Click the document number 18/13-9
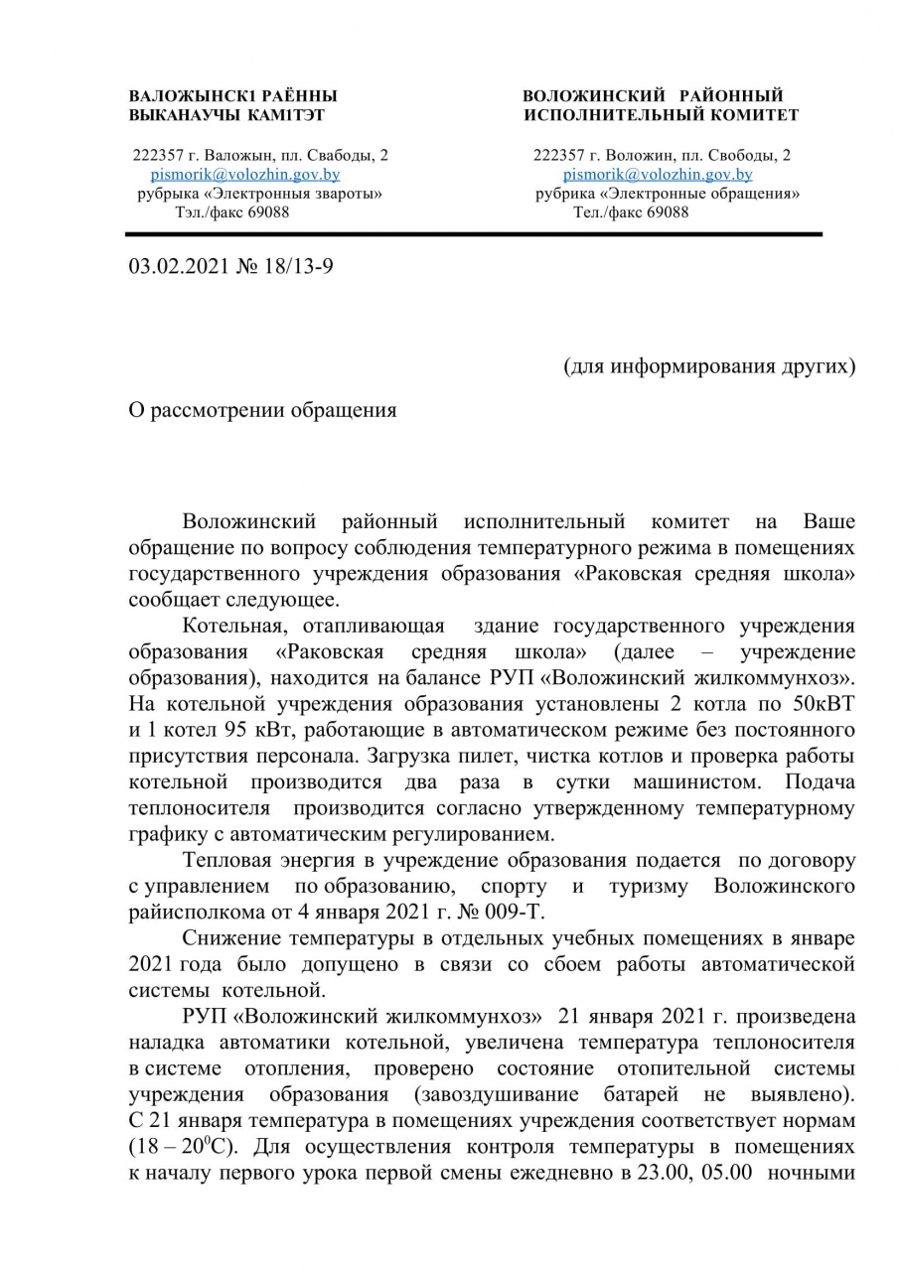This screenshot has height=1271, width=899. (x=299, y=267)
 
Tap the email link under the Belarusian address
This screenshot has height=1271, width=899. (x=244, y=174)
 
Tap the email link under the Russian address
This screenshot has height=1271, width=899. (x=657, y=174)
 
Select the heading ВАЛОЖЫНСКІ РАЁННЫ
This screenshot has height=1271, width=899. (x=232, y=96)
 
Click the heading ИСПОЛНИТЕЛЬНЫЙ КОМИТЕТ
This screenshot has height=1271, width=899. (x=662, y=115)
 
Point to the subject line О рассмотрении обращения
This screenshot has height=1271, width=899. (x=262, y=410)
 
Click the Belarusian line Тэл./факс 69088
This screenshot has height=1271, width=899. (x=232, y=212)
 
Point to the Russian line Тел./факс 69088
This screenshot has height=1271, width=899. (x=631, y=212)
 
